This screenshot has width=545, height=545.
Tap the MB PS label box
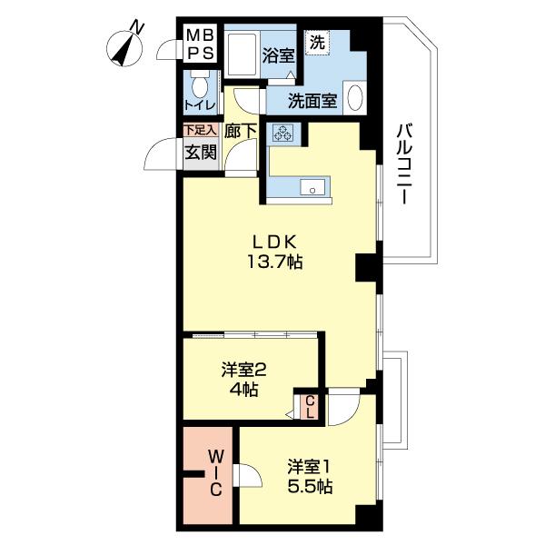[x=201, y=43]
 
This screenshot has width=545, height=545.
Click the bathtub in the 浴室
[x=242, y=54]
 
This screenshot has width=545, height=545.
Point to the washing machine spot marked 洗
[x=317, y=43]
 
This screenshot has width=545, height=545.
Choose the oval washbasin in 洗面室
[x=355, y=98]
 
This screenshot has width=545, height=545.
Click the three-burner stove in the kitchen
[x=282, y=133]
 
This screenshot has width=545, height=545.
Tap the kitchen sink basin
[x=312, y=188]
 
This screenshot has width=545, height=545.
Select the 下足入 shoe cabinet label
[x=201, y=130]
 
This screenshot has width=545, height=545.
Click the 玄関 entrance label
[x=201, y=153]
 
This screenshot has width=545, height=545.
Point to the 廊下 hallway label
[x=241, y=131]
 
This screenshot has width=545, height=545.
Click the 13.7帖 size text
[x=274, y=262]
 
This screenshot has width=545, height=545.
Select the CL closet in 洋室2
[x=310, y=407]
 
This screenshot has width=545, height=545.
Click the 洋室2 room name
[x=244, y=371]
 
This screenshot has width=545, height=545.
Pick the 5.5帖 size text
[x=310, y=487]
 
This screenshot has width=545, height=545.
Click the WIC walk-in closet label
[x=215, y=473]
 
